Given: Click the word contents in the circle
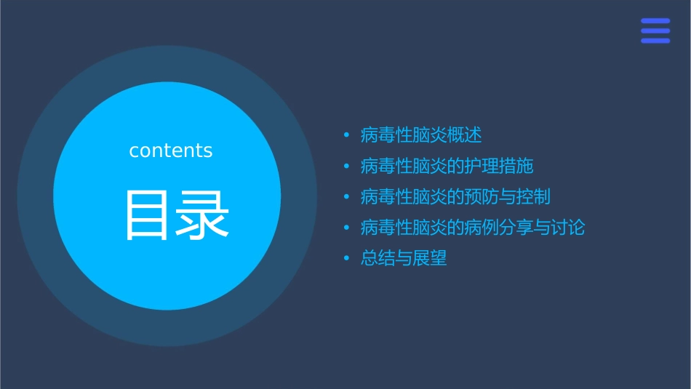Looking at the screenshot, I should pyautogui.click(x=171, y=151).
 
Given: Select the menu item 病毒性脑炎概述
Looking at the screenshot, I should pyautogui.click(x=421, y=135).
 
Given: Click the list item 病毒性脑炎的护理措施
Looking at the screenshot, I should pyautogui.click(x=447, y=167).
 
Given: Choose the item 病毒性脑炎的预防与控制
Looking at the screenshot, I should pyautogui.click(x=455, y=197).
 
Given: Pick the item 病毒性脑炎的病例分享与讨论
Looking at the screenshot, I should pyautogui.click(x=473, y=228).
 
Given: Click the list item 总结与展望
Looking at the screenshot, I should pyautogui.click(x=404, y=259).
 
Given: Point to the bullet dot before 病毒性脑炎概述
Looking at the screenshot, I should pyautogui.click(x=346, y=136).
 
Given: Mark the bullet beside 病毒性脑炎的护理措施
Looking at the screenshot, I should pyautogui.click(x=346, y=167).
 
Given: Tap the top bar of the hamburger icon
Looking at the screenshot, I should pyautogui.click(x=655, y=21).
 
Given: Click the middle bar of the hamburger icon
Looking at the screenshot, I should pyautogui.click(x=655, y=31).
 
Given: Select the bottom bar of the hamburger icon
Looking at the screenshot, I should pyautogui.click(x=655, y=41).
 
